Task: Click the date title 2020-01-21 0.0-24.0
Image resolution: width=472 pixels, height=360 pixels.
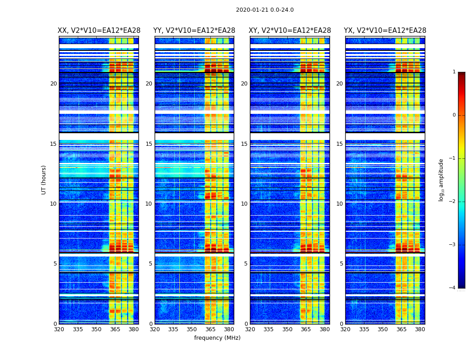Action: tap(265, 10)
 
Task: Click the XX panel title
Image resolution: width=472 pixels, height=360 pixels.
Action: tap(99, 31)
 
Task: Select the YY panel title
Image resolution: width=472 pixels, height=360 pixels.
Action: tap(194, 31)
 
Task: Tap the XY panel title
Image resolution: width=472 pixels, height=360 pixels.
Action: tap(290, 31)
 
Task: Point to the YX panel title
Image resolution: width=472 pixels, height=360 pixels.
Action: tap(385, 31)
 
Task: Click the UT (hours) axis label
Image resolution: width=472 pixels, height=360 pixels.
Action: tap(44, 180)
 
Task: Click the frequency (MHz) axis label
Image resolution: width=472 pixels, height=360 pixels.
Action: tap(217, 338)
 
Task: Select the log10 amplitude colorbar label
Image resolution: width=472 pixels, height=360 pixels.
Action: tap(441, 180)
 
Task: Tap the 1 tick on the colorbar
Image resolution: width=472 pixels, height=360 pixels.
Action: tap(454, 72)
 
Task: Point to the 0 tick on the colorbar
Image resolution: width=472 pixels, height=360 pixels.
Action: tap(454, 115)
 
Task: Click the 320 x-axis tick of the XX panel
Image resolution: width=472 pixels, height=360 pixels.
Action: tap(59, 329)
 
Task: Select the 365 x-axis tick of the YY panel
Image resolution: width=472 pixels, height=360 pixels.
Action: tap(210, 329)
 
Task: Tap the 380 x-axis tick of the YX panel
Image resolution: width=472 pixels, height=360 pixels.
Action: tap(420, 329)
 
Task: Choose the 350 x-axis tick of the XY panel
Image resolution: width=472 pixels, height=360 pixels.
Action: tap(287, 329)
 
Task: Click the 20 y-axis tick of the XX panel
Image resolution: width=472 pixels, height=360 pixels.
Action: tap(53, 84)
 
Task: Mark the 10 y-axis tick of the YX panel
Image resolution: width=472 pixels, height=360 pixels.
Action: tap(339, 204)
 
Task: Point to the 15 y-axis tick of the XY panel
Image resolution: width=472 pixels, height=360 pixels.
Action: tap(244, 144)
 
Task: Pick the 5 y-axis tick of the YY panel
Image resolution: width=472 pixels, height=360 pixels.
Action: tap(150, 264)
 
